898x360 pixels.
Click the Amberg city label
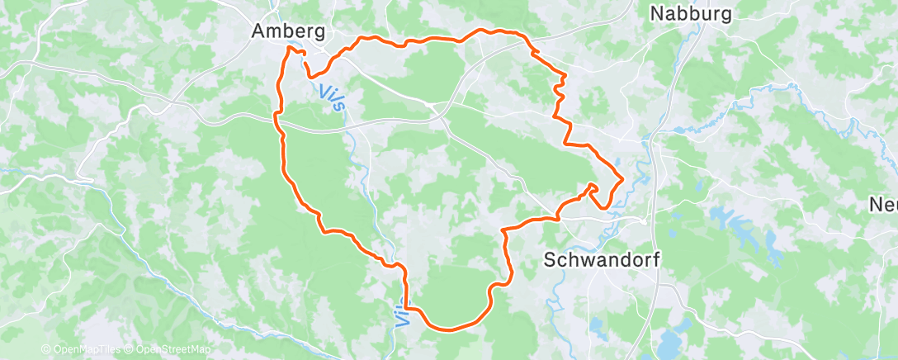[288, 31]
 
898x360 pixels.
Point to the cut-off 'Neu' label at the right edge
[884, 205]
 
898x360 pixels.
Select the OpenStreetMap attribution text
[168, 350]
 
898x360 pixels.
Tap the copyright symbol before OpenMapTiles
[45, 350]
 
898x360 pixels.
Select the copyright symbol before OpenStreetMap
[130, 350]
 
